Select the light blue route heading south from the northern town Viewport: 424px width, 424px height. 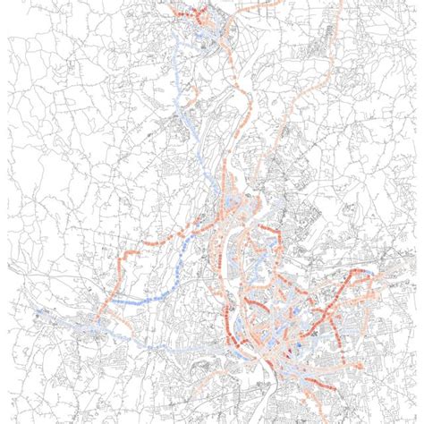(x=182, y=98)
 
